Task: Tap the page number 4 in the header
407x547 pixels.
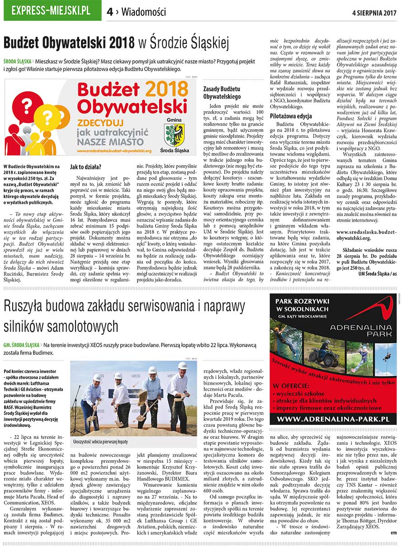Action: pos(109,12)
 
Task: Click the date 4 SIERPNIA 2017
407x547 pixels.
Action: pos(374,12)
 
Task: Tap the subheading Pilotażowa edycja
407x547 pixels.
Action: pos(291,116)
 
